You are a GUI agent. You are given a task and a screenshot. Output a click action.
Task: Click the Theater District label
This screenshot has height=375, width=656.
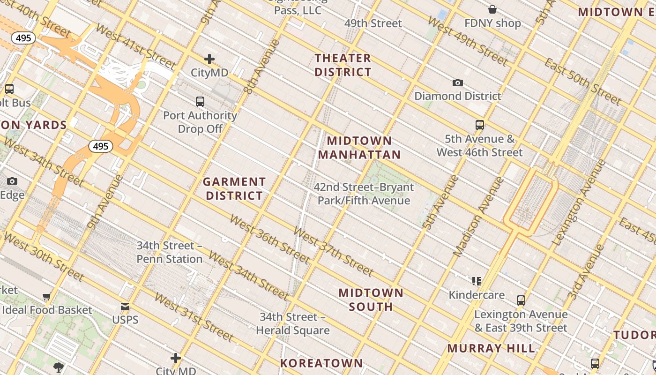click(x=343, y=65)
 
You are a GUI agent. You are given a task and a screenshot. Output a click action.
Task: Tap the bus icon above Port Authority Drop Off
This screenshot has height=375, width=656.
click(x=200, y=101)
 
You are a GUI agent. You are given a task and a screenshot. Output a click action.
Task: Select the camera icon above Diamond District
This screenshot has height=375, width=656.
click(x=458, y=83)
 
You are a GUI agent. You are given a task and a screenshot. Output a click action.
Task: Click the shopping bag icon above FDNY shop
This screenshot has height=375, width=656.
click(x=492, y=9)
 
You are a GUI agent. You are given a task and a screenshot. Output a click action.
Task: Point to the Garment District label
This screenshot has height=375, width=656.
click(x=234, y=188)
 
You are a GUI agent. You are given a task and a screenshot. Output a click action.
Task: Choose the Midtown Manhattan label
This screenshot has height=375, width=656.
click(x=359, y=148)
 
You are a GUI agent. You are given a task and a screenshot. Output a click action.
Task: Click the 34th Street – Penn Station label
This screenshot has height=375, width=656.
click(x=170, y=252)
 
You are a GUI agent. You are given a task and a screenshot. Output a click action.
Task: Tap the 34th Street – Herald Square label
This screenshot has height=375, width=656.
click(x=293, y=323)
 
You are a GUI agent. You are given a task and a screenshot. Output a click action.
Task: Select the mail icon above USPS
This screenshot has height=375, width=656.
click(x=125, y=307)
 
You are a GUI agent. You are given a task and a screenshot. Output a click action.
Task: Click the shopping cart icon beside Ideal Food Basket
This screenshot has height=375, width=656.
click(x=46, y=296)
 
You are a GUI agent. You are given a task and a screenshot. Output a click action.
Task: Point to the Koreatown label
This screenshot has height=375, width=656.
click(x=321, y=363)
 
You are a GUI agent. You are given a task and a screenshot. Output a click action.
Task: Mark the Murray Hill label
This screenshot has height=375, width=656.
click(x=491, y=348)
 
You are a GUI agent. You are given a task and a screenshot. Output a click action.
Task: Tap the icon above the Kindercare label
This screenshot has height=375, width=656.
click(x=477, y=281)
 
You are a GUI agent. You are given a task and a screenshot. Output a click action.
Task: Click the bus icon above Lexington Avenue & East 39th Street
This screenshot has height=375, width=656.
click(x=521, y=300)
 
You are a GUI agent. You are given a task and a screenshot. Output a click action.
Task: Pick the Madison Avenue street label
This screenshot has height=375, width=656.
click(x=478, y=217)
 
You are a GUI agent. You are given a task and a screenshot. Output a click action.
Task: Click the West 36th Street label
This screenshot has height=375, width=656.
click(x=269, y=239)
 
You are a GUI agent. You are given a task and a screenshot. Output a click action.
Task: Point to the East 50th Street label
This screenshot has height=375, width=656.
click(x=583, y=82)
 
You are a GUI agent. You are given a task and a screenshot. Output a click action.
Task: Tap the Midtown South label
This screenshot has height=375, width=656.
click(x=371, y=300)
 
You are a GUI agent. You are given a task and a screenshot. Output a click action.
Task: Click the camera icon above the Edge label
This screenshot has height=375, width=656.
click(x=12, y=181)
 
